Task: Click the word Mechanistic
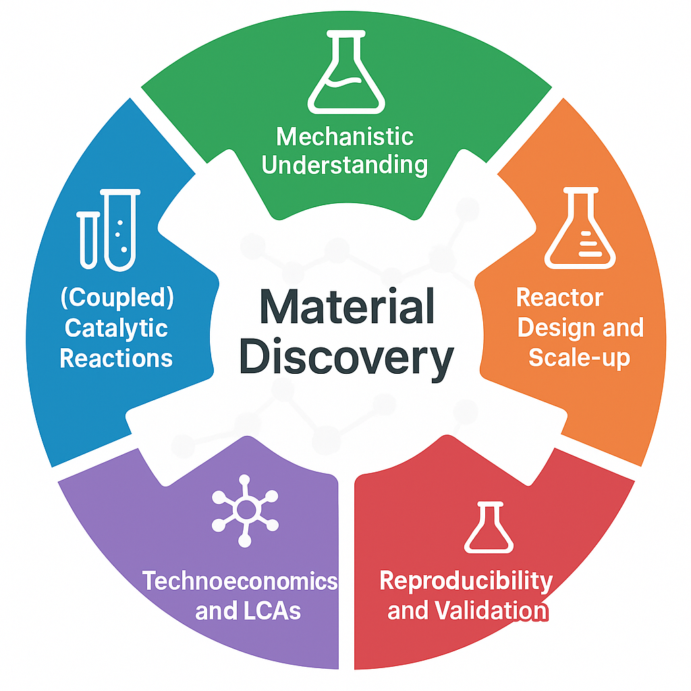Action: (345, 137)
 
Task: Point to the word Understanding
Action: (345, 165)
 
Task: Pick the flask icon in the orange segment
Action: (580, 229)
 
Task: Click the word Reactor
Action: (559, 298)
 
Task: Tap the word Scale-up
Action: (579, 357)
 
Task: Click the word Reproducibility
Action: (466, 580)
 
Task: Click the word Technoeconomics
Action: (240, 581)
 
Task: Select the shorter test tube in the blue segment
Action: (88, 239)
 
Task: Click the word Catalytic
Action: (116, 329)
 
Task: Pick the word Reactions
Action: (116, 358)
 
